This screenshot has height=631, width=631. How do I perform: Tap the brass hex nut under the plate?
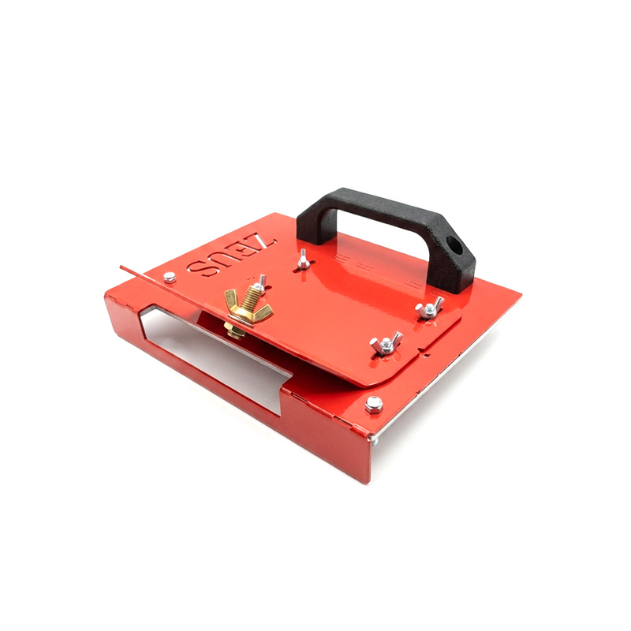click(234, 330)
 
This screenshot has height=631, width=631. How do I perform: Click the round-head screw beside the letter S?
click(170, 277)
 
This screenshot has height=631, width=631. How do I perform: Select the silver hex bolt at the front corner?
click(374, 405)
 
